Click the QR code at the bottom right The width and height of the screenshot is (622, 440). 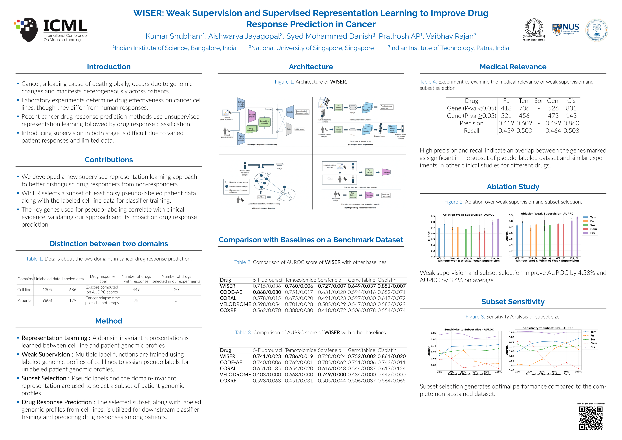click(x=591, y=418)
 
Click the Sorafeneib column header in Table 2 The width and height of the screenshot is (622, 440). click(x=329, y=280)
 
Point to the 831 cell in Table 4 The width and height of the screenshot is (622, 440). click(x=571, y=108)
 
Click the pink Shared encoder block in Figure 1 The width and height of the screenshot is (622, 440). click(x=252, y=116)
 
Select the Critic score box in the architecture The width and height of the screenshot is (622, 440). click(x=300, y=129)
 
